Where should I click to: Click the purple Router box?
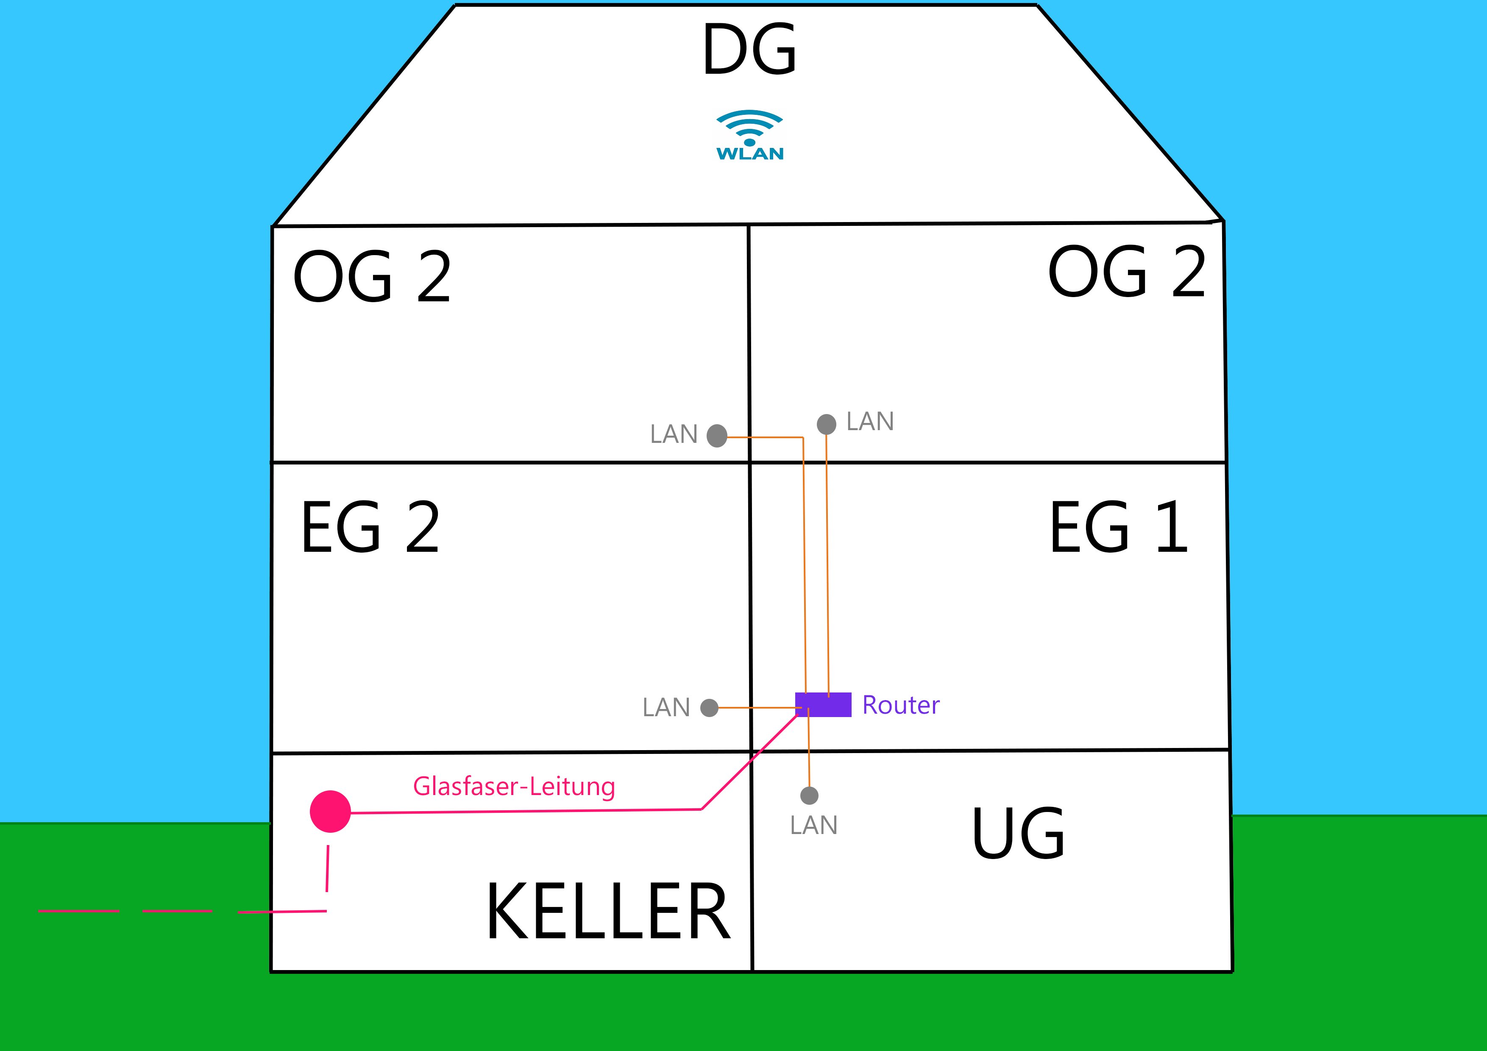[x=823, y=705]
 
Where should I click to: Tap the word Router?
[x=901, y=705]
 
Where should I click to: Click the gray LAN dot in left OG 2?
[x=717, y=436]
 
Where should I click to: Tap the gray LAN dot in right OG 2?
[x=827, y=424]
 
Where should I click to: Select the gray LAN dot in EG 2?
[x=710, y=708]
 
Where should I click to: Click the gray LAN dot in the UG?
[x=810, y=795]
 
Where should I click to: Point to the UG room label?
[x=1018, y=834]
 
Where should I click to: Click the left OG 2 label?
[x=372, y=277]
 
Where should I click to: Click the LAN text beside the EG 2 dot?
[x=666, y=708]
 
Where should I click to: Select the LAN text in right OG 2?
[x=870, y=422]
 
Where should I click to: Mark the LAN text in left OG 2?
[x=674, y=434]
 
